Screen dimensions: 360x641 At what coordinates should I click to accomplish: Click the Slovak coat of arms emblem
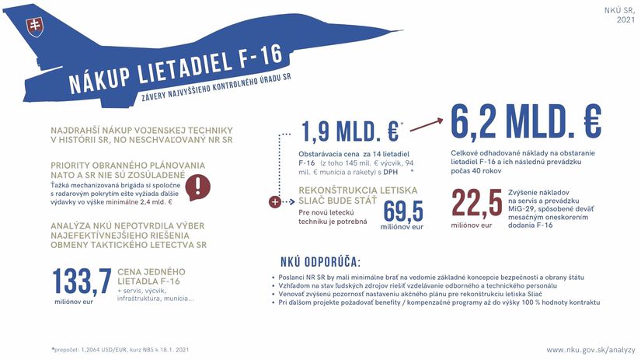coord(34,26)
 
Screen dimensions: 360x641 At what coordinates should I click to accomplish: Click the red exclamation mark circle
coord(200,187)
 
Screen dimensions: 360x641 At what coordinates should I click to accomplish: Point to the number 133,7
coord(82,281)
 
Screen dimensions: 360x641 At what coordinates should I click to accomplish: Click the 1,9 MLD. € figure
coord(349,131)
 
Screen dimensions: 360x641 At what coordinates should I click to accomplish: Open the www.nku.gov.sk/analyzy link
coord(590,350)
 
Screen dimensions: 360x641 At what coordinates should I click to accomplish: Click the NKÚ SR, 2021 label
coord(619,15)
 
